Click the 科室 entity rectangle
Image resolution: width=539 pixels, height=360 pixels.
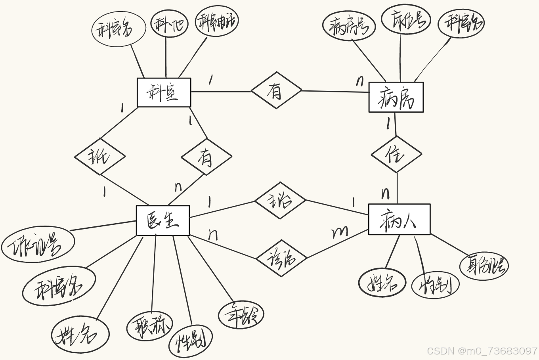click(164, 93)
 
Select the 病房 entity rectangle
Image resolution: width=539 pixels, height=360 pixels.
click(396, 98)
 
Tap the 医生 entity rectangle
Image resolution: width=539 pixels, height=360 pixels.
click(162, 220)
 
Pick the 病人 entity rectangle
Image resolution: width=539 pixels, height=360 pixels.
click(399, 219)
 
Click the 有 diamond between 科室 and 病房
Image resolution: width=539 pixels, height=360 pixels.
click(276, 91)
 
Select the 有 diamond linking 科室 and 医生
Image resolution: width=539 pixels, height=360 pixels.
click(206, 157)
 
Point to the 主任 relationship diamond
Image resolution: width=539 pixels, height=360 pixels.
click(100, 156)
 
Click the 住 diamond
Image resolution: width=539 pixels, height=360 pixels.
click(396, 154)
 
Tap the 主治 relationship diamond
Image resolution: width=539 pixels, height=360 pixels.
click(280, 201)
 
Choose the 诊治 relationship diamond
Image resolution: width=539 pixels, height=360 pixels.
click(281, 258)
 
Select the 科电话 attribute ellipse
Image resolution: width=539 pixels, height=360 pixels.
click(217, 21)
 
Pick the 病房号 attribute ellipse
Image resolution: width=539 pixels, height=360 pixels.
click(349, 26)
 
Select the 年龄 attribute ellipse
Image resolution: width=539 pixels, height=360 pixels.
click(241, 315)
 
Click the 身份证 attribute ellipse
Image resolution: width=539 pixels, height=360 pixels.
click(484, 265)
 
